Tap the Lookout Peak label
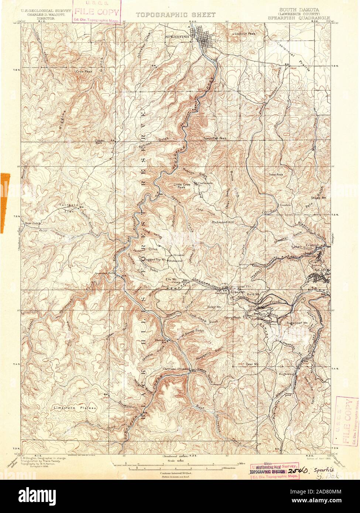(x=245, y=34)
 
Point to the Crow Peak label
(x=84, y=71)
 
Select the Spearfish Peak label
(x=215, y=138)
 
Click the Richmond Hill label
(x=224, y=222)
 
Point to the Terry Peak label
(x=232, y=317)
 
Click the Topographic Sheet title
(x=176, y=15)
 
